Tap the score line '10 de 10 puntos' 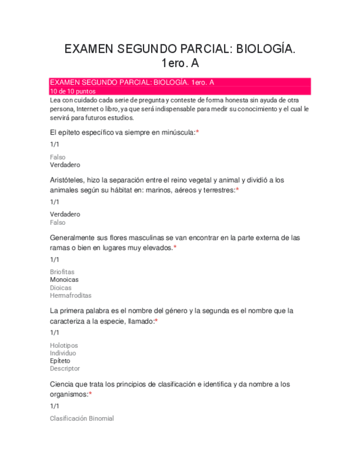(x=73, y=91)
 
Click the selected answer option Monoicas (x=64, y=280)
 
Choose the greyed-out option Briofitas (x=62, y=271)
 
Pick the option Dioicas (x=60, y=287)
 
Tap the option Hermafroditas (x=70, y=296)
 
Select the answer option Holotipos (x=64, y=345)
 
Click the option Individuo (x=63, y=353)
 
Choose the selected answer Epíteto (x=60, y=361)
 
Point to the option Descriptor (x=65, y=369)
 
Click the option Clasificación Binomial (x=82, y=419)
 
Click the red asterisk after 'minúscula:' (x=197, y=132)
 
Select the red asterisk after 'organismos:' (x=90, y=394)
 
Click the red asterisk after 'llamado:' (x=157, y=321)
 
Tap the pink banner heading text (x=132, y=82)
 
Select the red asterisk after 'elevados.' (x=175, y=247)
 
